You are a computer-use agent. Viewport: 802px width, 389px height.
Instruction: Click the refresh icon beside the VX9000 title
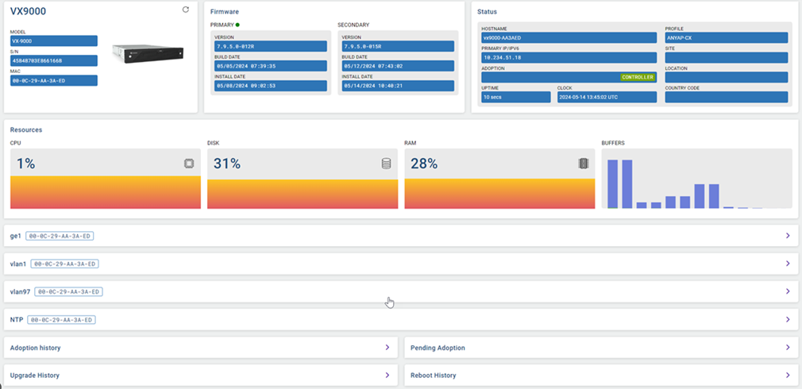click(x=186, y=10)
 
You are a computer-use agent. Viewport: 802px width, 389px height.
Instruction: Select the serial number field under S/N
click(x=54, y=60)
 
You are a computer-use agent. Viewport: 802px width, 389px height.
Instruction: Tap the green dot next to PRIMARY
click(x=237, y=25)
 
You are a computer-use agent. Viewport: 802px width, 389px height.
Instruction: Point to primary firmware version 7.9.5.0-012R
click(x=270, y=46)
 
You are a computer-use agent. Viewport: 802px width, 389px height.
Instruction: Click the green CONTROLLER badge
click(x=638, y=78)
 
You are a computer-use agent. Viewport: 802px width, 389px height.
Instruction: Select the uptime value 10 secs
click(x=515, y=97)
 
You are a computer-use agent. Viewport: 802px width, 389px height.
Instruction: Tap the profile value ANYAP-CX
click(x=726, y=37)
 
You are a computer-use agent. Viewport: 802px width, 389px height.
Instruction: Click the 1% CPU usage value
click(x=26, y=164)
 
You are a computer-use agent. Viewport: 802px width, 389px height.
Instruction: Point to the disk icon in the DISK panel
click(x=386, y=164)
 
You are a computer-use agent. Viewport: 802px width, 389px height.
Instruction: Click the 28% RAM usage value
click(x=423, y=164)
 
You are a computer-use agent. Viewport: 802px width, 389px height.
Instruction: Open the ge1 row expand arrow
click(x=787, y=236)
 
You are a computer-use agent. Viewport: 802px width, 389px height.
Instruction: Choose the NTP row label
click(x=16, y=320)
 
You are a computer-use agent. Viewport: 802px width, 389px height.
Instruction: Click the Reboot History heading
click(x=434, y=375)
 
